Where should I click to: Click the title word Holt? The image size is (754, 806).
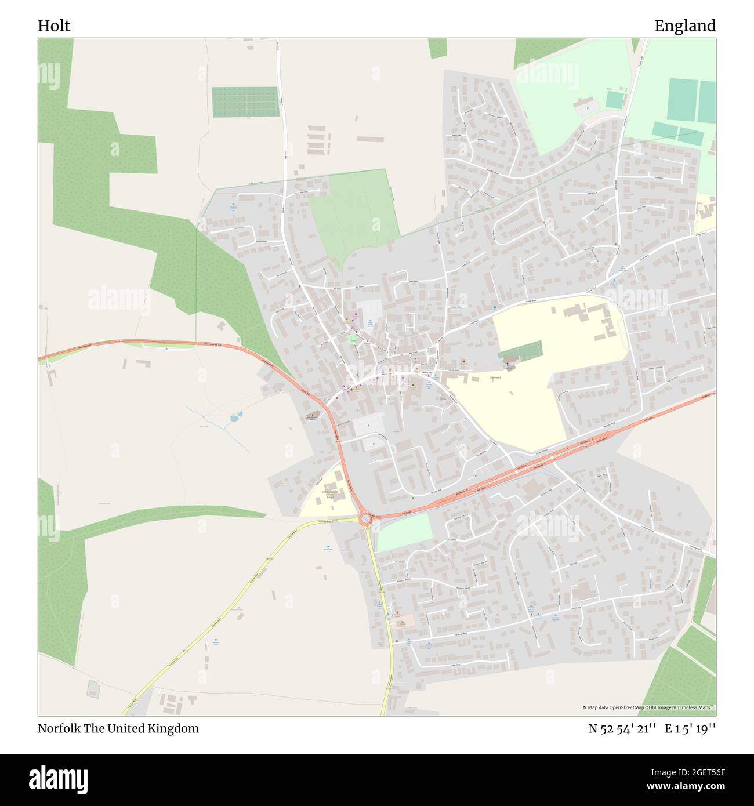point(54,26)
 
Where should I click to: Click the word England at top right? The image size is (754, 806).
point(685,26)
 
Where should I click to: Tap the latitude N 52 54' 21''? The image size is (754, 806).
point(622,728)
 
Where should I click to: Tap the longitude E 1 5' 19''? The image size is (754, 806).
point(690,728)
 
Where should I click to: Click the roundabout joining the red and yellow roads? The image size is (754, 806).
point(365,518)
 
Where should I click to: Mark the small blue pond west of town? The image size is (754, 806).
point(235,417)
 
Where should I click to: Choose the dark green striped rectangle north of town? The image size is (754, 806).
point(245,101)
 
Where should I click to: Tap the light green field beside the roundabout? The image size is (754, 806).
point(405,532)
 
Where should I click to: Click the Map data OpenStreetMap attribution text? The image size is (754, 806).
point(648,707)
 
